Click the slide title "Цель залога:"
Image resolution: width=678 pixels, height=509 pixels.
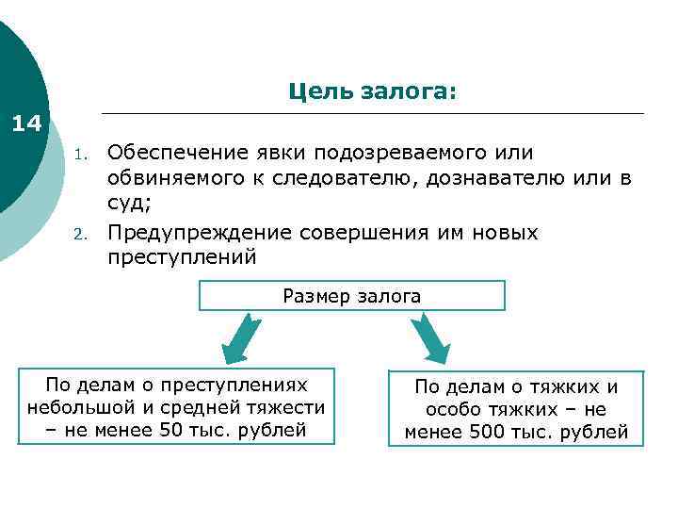pos(372,91)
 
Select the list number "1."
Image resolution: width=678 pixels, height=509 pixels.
pos(82,154)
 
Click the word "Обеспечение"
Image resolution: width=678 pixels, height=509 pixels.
pos(179,152)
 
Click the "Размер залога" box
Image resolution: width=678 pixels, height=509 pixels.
pos(352,296)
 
